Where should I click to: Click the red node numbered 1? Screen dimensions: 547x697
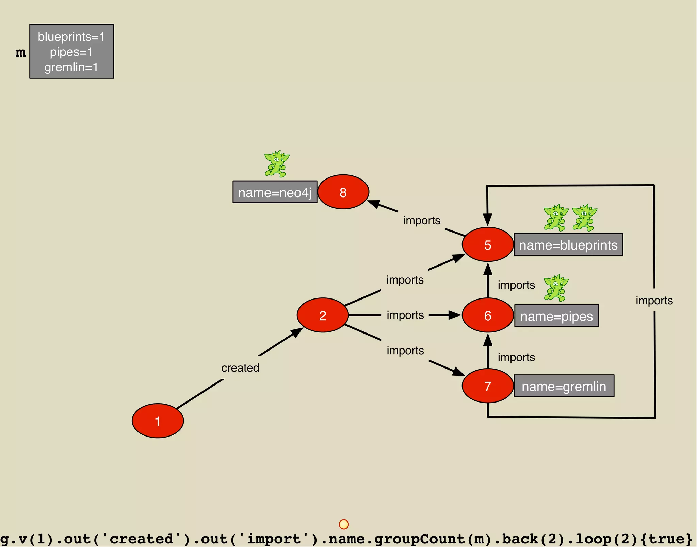(x=158, y=421)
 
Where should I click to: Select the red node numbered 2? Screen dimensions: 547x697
(x=323, y=315)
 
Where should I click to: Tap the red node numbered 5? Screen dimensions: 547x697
(x=487, y=244)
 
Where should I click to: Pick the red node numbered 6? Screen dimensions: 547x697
(x=487, y=315)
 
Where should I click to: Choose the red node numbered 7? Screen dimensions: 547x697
(x=487, y=386)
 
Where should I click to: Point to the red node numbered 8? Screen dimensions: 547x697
(x=343, y=192)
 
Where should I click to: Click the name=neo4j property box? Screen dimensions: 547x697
(x=275, y=192)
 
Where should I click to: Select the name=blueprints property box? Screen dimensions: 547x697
(x=568, y=245)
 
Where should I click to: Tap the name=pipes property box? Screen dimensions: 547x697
(x=556, y=316)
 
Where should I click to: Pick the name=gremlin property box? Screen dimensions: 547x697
(x=564, y=386)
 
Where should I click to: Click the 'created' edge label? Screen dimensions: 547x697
(x=240, y=368)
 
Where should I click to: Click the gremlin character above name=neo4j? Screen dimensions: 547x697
(x=277, y=164)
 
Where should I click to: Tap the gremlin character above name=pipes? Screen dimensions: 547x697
(x=556, y=288)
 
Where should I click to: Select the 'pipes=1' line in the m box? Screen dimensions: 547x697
(x=71, y=52)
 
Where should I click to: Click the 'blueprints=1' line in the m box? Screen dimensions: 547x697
(x=71, y=37)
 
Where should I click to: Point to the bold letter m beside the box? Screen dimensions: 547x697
(x=20, y=53)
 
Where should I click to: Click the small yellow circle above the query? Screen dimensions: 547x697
(x=344, y=524)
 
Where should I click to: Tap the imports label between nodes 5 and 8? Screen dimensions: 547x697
(x=422, y=221)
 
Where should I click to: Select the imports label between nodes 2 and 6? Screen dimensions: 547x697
(x=405, y=315)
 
